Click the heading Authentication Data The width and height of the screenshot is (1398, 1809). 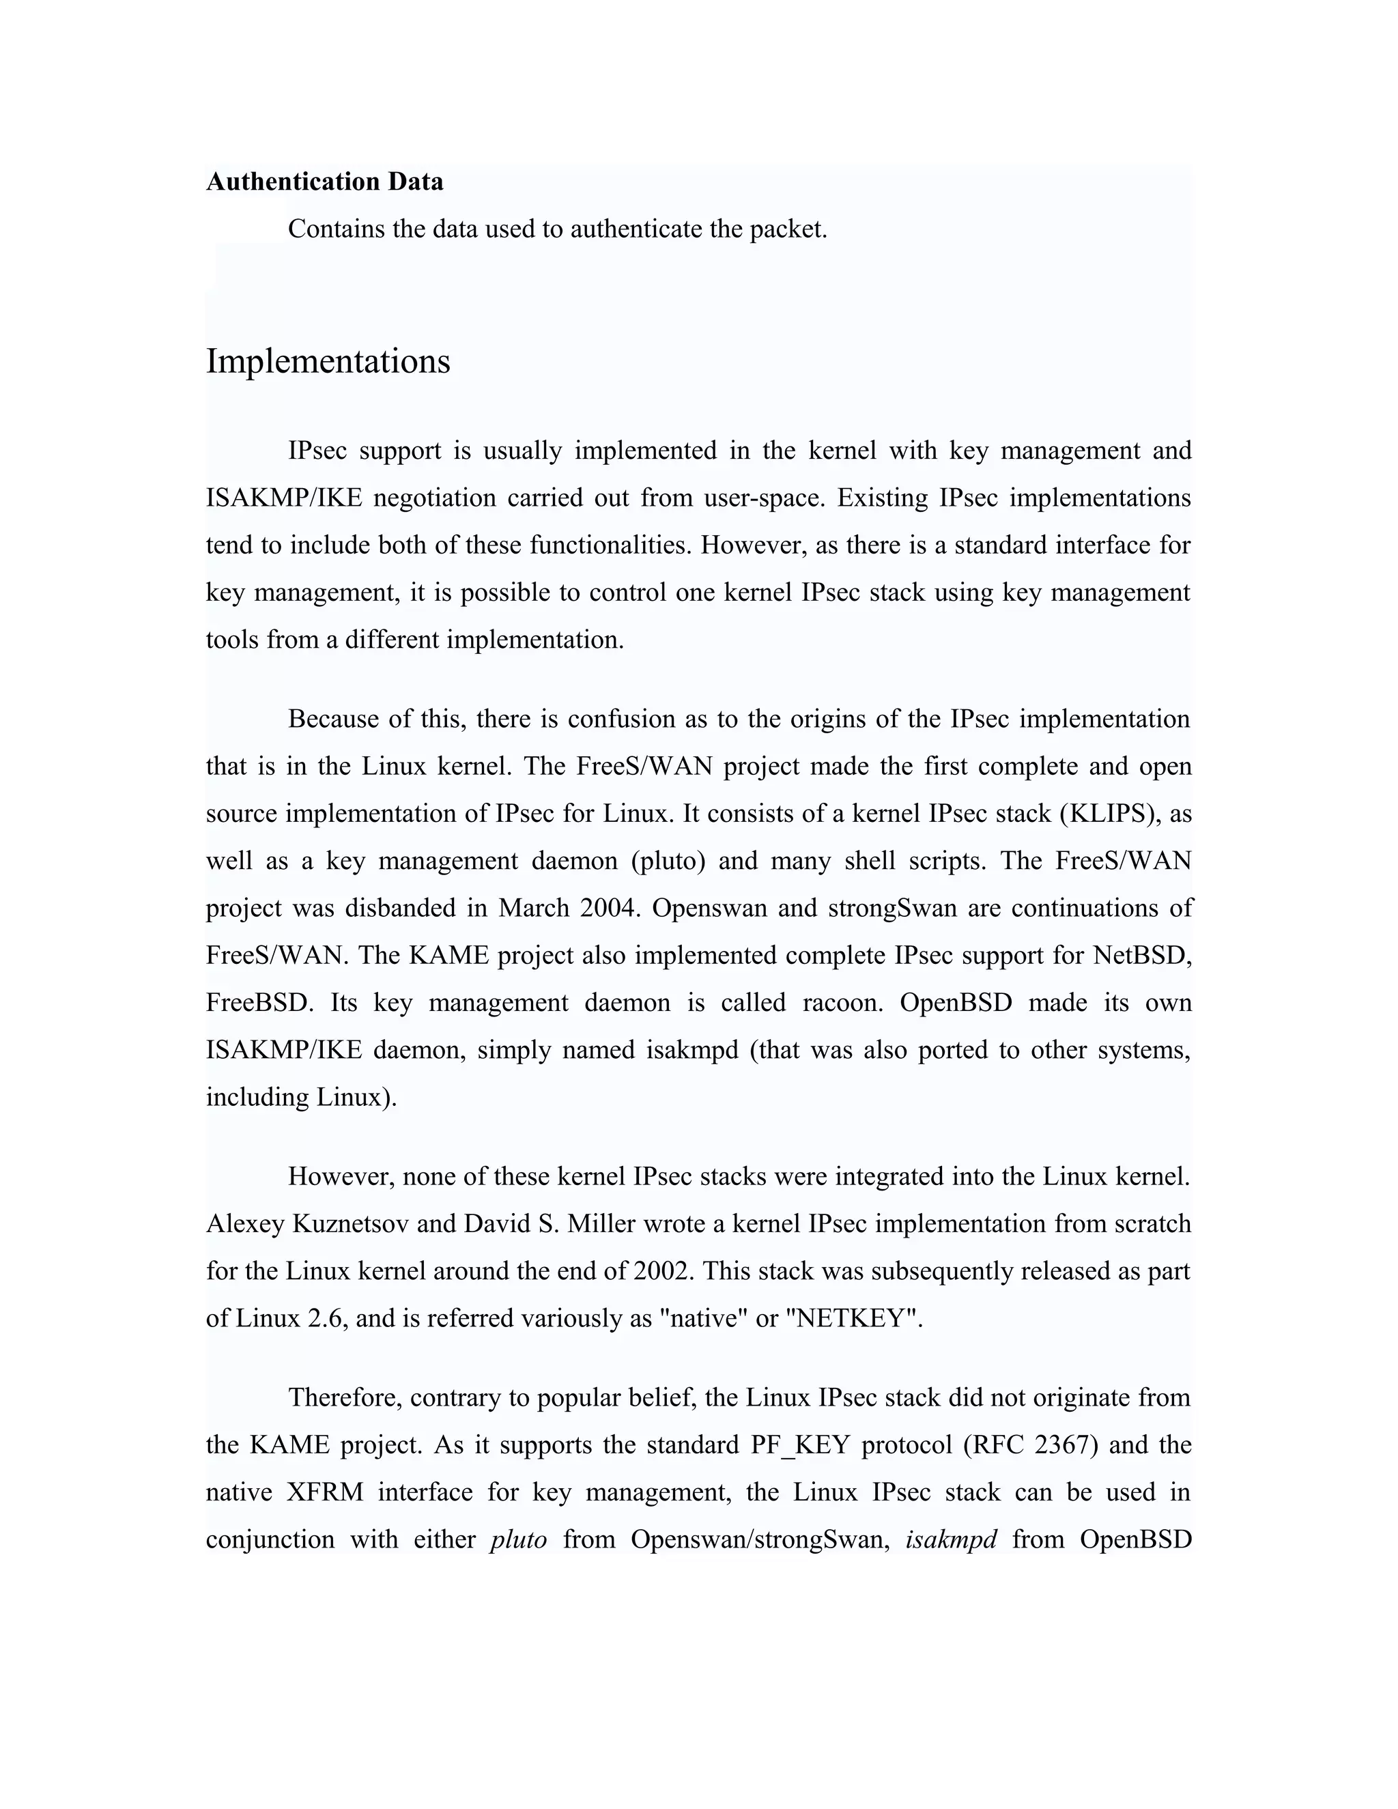(x=325, y=182)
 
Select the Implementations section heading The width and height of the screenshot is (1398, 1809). (x=328, y=361)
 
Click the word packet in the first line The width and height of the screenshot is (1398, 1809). (x=788, y=229)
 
